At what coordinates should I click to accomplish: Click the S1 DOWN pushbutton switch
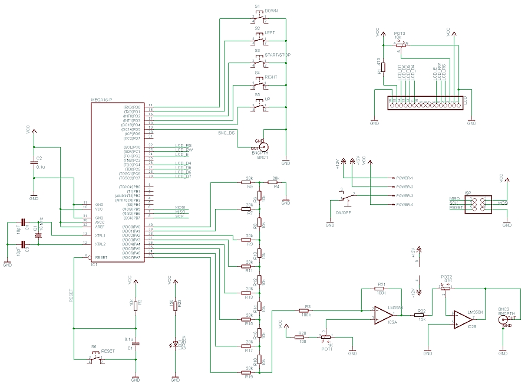[259, 19]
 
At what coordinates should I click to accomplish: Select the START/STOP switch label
[278, 55]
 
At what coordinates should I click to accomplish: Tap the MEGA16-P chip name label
[101, 100]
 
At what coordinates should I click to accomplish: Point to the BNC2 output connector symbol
[503, 319]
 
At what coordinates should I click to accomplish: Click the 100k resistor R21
[381, 289]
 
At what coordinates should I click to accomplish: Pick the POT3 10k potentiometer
[401, 44]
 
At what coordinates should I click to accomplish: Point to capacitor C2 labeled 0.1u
[34, 163]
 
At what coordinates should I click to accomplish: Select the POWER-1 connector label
[404, 178]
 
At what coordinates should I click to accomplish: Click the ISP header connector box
[476, 203]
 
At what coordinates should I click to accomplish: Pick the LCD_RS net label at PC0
[183, 145]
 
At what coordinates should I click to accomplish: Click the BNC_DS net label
[226, 133]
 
